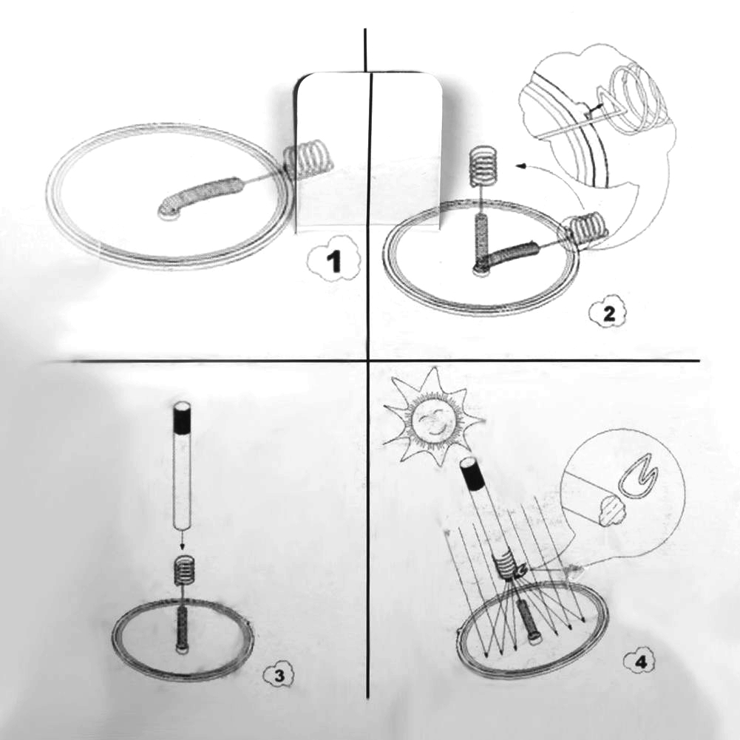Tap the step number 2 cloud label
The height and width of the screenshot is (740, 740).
click(609, 313)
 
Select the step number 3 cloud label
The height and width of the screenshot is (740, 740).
click(279, 676)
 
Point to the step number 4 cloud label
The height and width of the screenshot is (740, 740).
click(640, 662)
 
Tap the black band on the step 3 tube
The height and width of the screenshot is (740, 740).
click(183, 421)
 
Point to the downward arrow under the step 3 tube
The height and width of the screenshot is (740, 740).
click(182, 540)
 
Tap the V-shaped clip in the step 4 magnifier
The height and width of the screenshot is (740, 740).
click(635, 477)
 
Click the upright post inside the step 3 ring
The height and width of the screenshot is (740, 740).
click(182, 628)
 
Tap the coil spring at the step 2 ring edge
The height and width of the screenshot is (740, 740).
click(588, 227)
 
